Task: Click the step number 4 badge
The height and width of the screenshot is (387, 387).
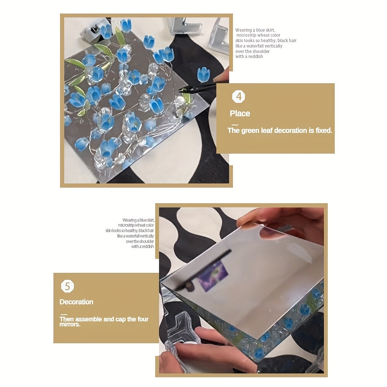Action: tap(239, 96)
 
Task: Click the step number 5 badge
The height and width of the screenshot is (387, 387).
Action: tap(67, 286)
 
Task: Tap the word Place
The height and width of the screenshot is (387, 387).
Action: tap(240, 113)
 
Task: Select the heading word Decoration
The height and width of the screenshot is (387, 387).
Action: tap(77, 302)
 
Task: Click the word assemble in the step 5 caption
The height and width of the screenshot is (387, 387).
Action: tap(89, 319)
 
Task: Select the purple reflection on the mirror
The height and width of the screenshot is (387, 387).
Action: tap(212, 276)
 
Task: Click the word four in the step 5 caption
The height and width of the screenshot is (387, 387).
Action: tap(143, 319)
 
